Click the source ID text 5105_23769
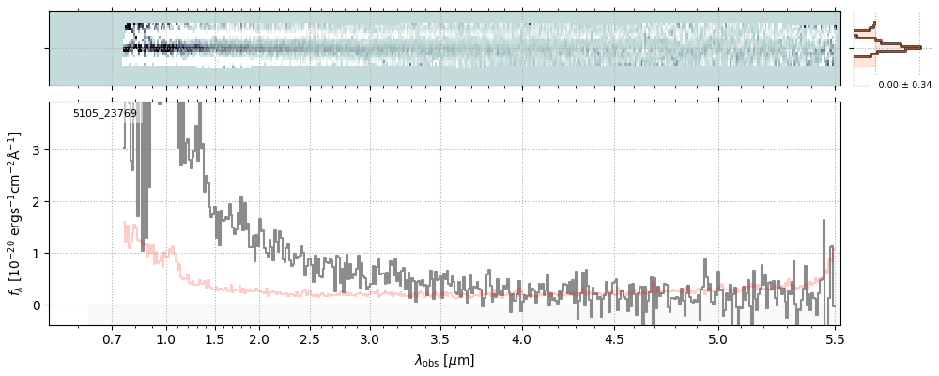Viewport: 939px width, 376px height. click(x=105, y=114)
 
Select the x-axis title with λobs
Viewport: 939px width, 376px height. click(x=444, y=360)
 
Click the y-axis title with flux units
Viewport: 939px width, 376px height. click(x=16, y=213)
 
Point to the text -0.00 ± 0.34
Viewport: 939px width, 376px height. click(x=902, y=86)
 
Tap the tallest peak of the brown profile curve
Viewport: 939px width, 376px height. click(x=918, y=47)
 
